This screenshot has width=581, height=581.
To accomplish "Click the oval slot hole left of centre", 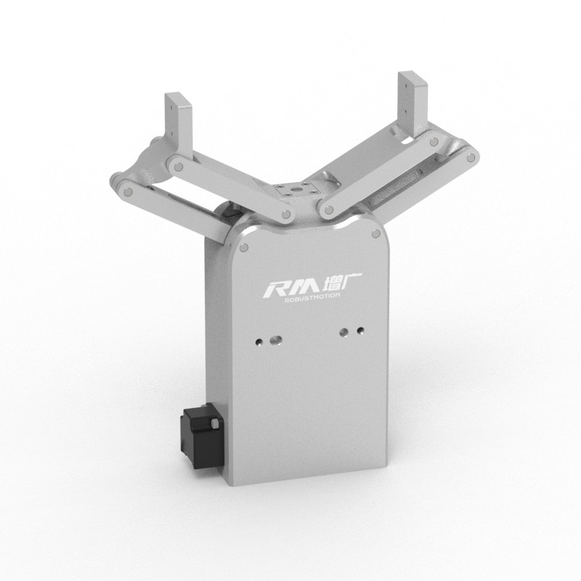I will pyautogui.click(x=274, y=338).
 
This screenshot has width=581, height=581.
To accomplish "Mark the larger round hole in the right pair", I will pyautogui.click(x=344, y=332).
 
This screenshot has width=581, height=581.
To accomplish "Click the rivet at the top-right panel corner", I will pyautogui.click(x=375, y=234).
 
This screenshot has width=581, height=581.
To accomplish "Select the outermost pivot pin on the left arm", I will pyautogui.click(x=128, y=192).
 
